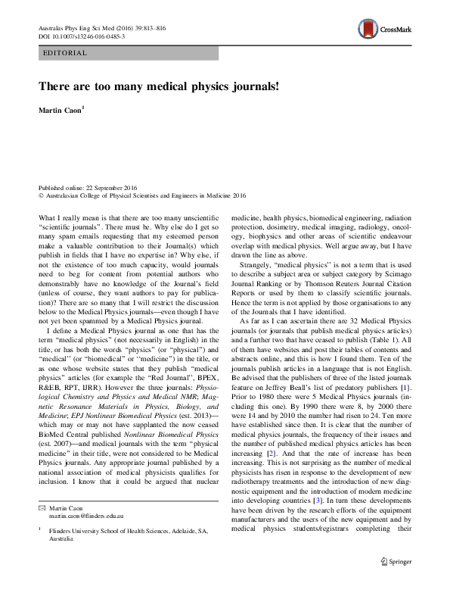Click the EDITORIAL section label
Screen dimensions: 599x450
(67, 53)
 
